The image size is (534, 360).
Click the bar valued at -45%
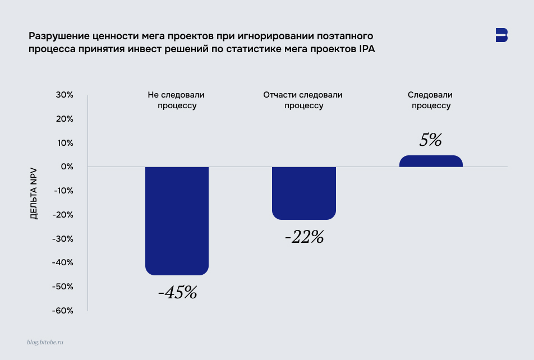[x=177, y=221]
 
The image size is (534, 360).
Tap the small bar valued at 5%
[x=431, y=161]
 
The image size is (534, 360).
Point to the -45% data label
[x=177, y=292]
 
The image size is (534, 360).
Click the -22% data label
[x=304, y=237]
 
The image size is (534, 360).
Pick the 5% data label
[x=431, y=140]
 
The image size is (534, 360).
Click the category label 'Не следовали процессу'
[x=176, y=100]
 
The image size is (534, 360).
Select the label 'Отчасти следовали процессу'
[x=303, y=100]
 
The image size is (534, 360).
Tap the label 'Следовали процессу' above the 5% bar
[x=430, y=100]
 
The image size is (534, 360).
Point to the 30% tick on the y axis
[x=65, y=95]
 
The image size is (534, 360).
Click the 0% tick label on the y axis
[x=67, y=167]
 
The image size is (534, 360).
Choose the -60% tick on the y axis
[x=63, y=311]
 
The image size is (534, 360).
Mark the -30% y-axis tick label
[x=63, y=239]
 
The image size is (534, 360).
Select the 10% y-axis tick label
[x=65, y=143]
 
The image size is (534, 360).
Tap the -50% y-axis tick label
[x=63, y=287]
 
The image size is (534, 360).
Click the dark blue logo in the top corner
[x=501, y=35]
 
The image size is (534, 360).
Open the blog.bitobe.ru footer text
[x=45, y=341]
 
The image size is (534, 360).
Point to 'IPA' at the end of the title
[x=366, y=49]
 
